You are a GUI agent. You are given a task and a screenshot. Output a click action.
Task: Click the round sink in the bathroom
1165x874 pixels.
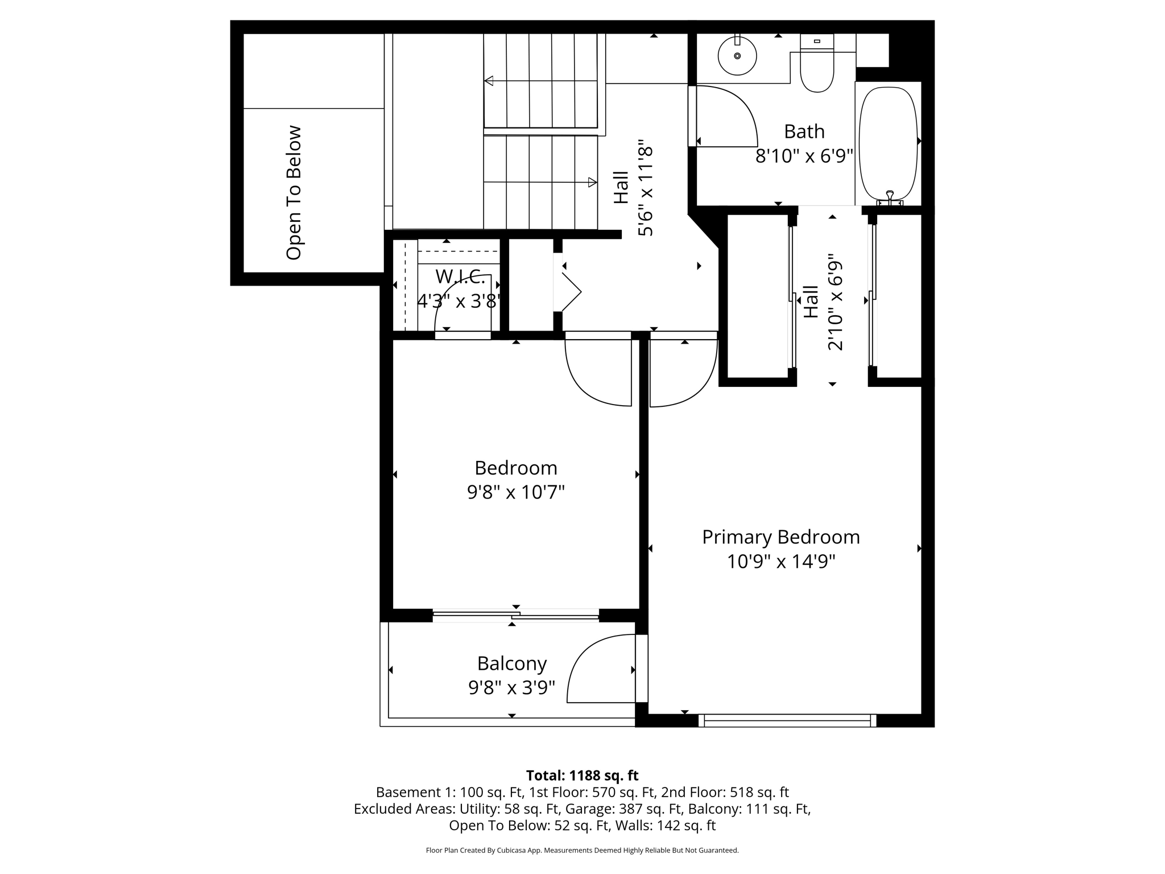737,56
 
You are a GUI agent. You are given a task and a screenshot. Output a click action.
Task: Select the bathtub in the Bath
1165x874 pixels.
888,142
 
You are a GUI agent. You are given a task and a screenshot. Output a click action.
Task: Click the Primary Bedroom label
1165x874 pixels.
780,537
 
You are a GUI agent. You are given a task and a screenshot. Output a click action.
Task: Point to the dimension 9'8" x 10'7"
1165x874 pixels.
515,492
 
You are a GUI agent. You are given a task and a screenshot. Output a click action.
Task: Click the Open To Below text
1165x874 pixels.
294,193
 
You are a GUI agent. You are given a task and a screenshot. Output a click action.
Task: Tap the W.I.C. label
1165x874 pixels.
460,277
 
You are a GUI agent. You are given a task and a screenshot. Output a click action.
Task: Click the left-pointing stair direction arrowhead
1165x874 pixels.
489,81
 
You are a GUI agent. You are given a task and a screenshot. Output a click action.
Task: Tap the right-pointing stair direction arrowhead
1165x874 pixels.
592,183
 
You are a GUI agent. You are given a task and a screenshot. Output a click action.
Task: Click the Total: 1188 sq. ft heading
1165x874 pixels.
582,776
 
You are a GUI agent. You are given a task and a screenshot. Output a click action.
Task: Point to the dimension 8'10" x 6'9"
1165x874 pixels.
804,156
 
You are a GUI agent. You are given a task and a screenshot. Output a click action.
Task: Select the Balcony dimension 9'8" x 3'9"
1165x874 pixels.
511,688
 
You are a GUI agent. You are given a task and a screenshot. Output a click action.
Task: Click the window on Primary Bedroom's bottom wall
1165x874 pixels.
787,720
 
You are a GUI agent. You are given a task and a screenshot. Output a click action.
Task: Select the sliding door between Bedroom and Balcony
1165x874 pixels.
515,615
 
